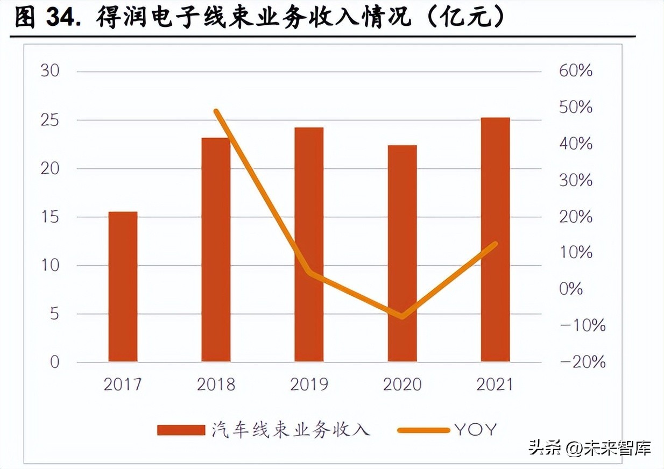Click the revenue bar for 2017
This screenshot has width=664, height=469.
pyautogui.click(x=123, y=286)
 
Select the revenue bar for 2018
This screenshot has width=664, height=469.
pyautogui.click(x=216, y=250)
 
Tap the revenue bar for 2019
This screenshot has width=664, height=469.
pyautogui.click(x=309, y=244)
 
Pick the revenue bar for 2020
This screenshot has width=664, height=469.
pyautogui.click(x=402, y=253)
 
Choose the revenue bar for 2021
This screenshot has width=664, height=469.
pyautogui.click(x=495, y=239)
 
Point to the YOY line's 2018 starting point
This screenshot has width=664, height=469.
pyautogui.click(x=216, y=111)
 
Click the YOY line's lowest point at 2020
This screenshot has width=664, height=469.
pyautogui.click(x=402, y=316)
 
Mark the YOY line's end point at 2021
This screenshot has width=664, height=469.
pyautogui.click(x=495, y=244)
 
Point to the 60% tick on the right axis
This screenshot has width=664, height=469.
pyautogui.click(x=575, y=71)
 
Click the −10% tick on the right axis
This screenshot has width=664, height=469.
pyautogui.click(x=582, y=325)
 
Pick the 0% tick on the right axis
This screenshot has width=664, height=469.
pyautogui.click(x=570, y=289)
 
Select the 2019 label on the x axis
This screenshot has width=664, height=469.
pyautogui.click(x=309, y=385)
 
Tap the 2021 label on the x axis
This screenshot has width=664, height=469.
pyautogui.click(x=495, y=385)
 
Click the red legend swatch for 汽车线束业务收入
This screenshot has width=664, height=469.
pyautogui.click(x=181, y=430)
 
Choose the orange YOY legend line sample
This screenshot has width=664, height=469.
pyautogui.click(x=423, y=430)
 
